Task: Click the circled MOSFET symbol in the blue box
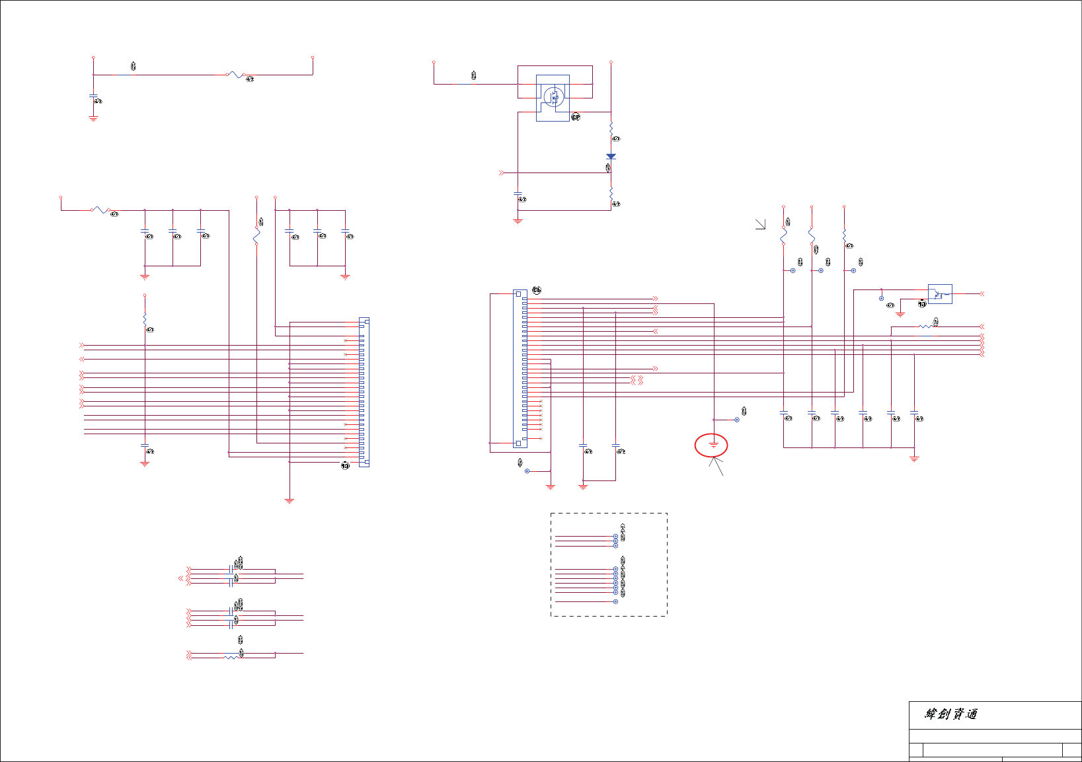click(554, 97)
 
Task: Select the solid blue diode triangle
click(611, 157)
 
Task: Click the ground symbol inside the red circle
click(713, 445)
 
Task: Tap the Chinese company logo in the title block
click(950, 714)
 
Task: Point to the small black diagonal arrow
click(761, 225)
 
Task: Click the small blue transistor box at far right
click(940, 294)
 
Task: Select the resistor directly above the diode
click(611, 128)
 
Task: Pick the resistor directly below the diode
click(611, 192)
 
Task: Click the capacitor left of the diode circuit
click(518, 194)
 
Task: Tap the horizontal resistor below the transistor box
click(925, 326)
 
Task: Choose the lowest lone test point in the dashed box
click(615, 601)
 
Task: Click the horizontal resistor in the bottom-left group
click(231, 657)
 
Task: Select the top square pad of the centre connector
click(518, 294)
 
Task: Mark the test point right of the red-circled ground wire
click(737, 420)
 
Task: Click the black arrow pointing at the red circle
click(716, 467)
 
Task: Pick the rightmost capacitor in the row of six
click(914, 413)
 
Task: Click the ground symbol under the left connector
click(289, 501)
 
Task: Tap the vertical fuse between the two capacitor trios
click(256, 235)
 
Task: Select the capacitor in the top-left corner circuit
click(93, 96)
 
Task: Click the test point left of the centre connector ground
click(527, 471)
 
